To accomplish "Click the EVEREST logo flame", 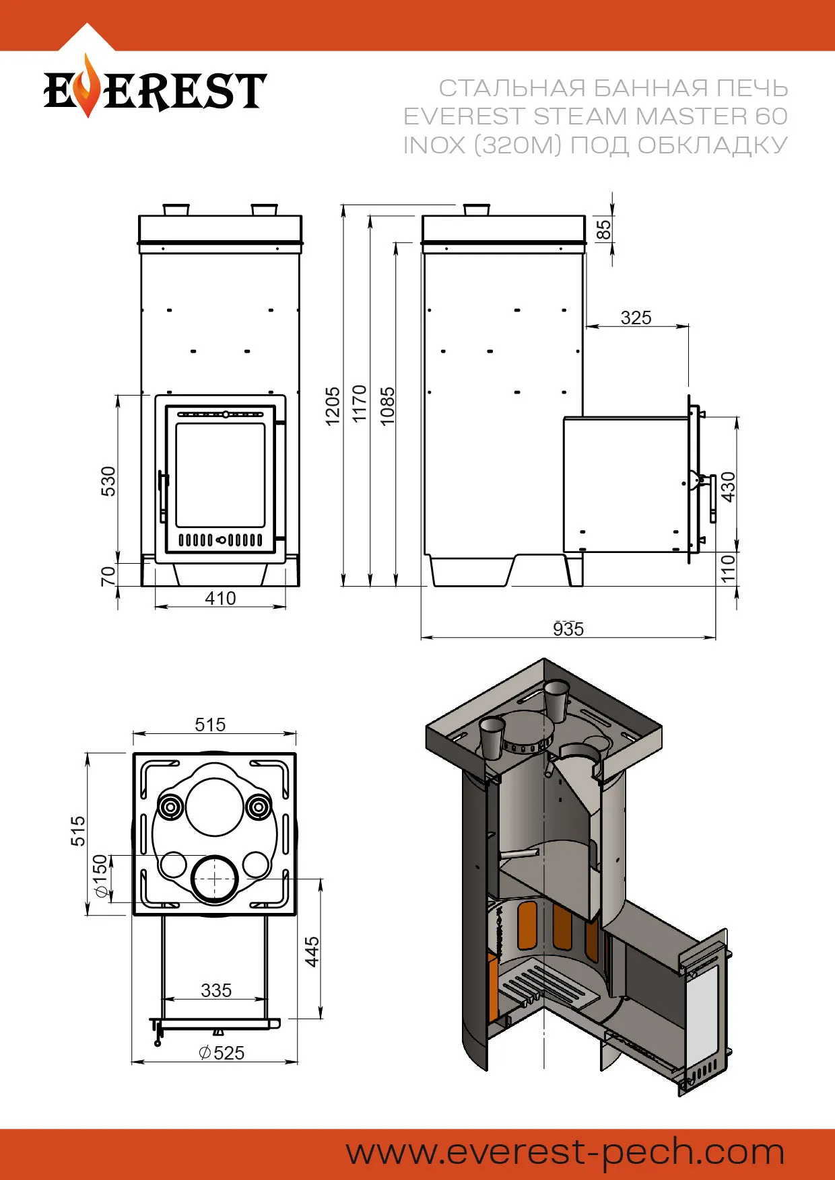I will (85, 86).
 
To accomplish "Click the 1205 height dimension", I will (333, 406).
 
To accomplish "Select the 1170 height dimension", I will (360, 404).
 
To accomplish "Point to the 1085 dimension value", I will (387, 406).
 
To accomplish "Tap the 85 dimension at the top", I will (604, 230).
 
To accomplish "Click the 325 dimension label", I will (636, 318).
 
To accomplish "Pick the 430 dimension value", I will (728, 486).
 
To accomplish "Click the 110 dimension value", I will (728, 568).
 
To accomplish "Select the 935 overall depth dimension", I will (568, 629).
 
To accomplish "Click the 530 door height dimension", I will (108, 481).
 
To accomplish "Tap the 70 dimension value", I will (108, 576).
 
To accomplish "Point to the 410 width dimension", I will (220, 598).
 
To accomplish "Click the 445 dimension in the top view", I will (312, 951).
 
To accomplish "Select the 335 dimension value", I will (215, 990).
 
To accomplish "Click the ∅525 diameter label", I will (222, 1053).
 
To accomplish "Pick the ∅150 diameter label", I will (100, 876).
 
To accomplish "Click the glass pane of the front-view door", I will (220, 475).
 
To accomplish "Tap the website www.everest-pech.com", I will (565, 1152).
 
